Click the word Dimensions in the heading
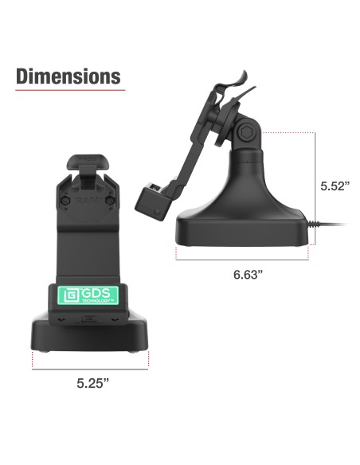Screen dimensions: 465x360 (x=68, y=76)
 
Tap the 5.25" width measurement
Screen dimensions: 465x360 (x=92, y=383)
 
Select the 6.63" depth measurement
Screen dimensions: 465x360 (x=249, y=274)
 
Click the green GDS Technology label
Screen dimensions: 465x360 (x=88, y=295)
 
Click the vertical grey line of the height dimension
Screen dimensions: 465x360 (x=317, y=187)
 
